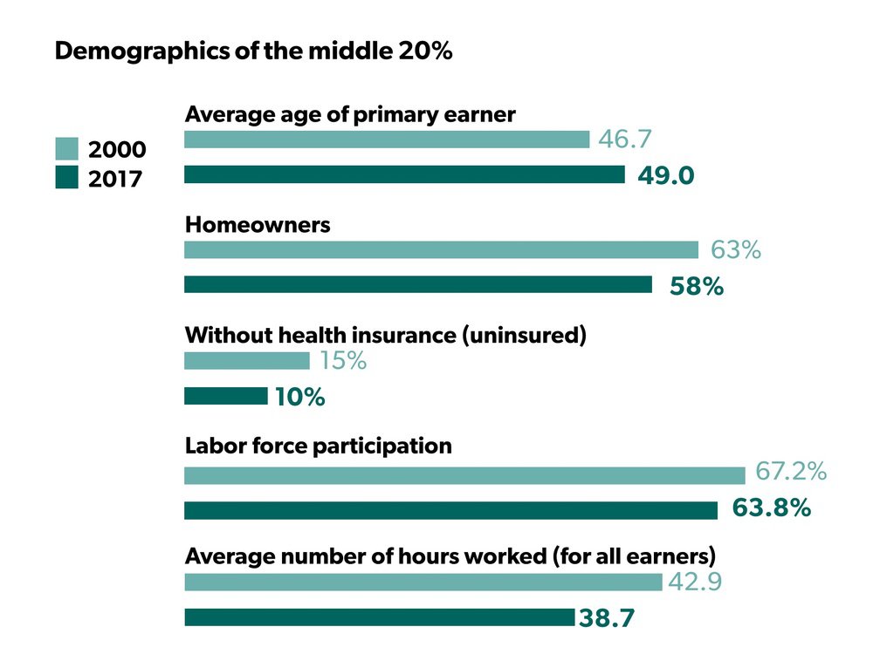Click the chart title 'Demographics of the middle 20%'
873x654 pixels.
pos(253,51)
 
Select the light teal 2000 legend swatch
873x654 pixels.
pos(66,148)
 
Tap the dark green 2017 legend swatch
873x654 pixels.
pos(66,179)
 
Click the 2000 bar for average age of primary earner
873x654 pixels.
pos(387,140)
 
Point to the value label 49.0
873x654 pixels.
pos(665,175)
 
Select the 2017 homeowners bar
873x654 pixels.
pos(418,285)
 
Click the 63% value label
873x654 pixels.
pos(735,250)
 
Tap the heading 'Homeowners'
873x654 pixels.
pos(258,225)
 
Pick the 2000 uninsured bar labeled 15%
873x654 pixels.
pos(247,361)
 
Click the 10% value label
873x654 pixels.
pos(299,398)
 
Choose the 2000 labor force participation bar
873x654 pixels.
pos(464,475)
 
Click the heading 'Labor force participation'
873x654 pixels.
pos(319,446)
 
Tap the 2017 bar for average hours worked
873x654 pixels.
pos(379,617)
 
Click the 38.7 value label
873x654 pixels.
pos(605,619)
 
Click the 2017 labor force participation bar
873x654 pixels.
pos(450,510)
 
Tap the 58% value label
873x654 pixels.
pos(696,286)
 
